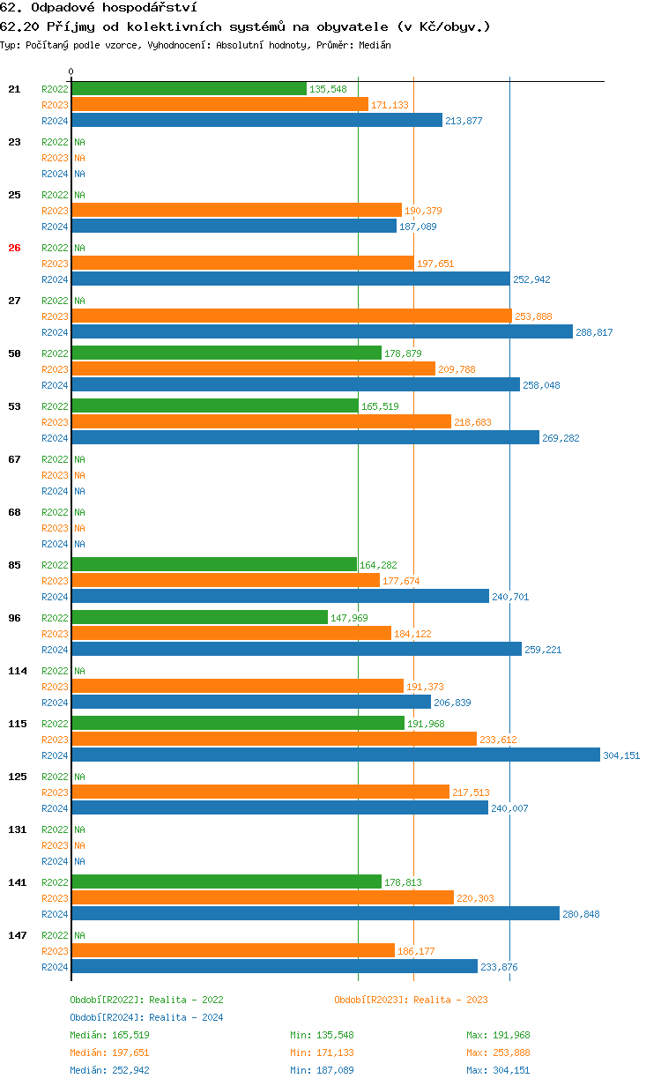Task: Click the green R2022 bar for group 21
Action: point(189,89)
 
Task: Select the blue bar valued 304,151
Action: point(336,755)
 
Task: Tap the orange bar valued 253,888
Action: point(292,316)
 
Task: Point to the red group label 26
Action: point(14,248)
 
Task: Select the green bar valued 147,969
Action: point(199,618)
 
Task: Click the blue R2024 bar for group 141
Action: point(316,914)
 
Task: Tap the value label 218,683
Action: point(473,422)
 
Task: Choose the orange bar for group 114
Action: point(238,687)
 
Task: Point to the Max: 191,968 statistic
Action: point(498,1035)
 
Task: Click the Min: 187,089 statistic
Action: point(322,1070)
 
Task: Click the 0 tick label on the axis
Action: point(71,71)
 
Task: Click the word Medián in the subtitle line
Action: point(375,44)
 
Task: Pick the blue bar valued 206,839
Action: point(251,703)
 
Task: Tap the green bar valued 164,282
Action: point(214,565)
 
